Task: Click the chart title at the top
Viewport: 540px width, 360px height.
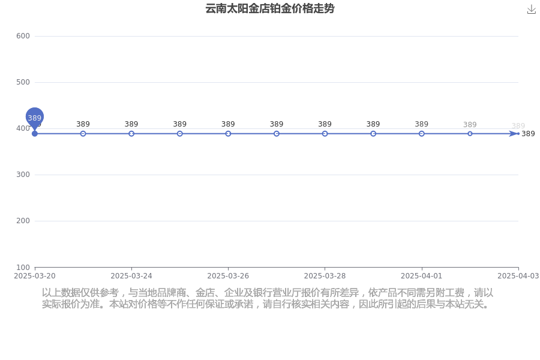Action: click(x=269, y=8)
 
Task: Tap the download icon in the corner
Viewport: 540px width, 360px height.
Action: click(x=532, y=10)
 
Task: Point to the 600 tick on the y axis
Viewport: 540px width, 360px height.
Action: click(x=23, y=36)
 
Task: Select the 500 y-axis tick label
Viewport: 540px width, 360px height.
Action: click(x=23, y=82)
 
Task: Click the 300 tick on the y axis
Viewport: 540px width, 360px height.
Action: click(x=23, y=175)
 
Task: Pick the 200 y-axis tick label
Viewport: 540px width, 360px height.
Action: click(x=23, y=220)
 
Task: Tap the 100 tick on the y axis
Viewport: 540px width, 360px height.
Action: click(x=23, y=268)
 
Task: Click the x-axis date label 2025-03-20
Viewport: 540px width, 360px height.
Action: click(x=34, y=276)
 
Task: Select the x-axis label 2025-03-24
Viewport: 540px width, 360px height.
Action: click(x=131, y=276)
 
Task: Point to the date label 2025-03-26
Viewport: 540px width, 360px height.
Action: click(x=228, y=276)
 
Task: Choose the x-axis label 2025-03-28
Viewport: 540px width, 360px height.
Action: click(x=325, y=276)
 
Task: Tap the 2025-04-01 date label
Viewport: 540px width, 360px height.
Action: click(x=422, y=276)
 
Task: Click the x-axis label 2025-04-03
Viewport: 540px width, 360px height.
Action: click(x=518, y=276)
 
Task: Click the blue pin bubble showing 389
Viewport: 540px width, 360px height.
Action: click(x=34, y=117)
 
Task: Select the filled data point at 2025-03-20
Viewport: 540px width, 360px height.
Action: click(x=34, y=134)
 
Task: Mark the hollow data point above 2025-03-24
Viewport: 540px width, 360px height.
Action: click(x=131, y=134)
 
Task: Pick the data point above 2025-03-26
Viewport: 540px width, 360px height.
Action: click(x=228, y=134)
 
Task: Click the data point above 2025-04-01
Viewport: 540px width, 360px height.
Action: click(x=422, y=134)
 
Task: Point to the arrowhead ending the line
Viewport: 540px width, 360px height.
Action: click(x=514, y=134)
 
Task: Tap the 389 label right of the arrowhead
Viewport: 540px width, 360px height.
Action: click(x=528, y=134)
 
